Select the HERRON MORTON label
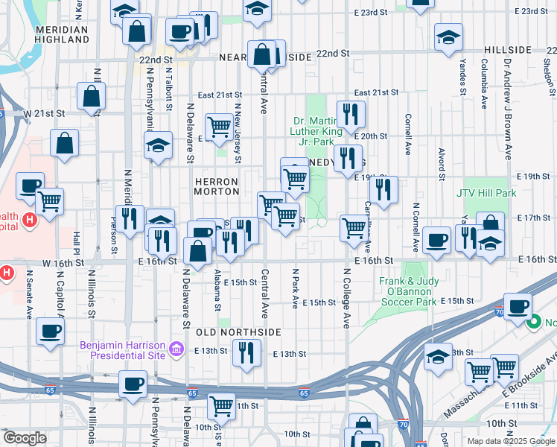(216, 186)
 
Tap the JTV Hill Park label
(486, 193)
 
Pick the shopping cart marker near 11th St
(222, 406)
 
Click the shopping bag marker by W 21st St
(91, 96)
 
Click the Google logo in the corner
(25, 438)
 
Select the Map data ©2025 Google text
(510, 441)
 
